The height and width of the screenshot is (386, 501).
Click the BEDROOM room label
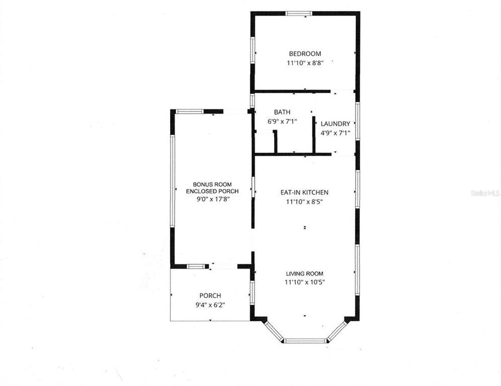click(x=305, y=54)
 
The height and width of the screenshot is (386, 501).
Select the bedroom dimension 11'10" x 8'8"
click(x=305, y=63)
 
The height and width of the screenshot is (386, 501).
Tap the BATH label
click(x=282, y=112)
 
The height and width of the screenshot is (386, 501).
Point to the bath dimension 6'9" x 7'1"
click(x=282, y=121)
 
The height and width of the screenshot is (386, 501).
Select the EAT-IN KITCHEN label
click(x=305, y=192)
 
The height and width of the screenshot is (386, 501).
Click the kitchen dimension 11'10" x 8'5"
click(x=305, y=202)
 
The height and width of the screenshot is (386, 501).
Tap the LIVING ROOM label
click(x=305, y=273)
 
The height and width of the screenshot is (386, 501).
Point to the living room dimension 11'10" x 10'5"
click(x=305, y=282)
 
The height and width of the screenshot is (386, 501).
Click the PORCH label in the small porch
click(x=210, y=295)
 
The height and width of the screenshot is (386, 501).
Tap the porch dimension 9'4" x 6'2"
click(x=210, y=305)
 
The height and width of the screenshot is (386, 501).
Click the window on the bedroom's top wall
click(x=299, y=13)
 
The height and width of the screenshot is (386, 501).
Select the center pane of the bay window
click(x=305, y=340)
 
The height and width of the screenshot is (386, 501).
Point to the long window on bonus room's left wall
click(x=173, y=180)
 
